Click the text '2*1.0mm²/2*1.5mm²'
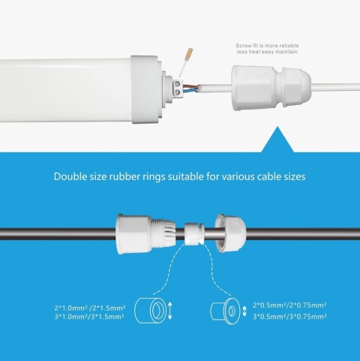(89, 307)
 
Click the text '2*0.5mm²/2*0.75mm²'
(289, 305)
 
